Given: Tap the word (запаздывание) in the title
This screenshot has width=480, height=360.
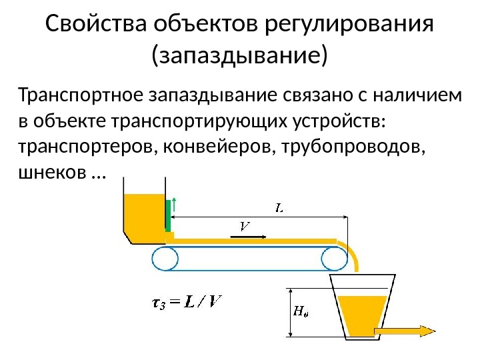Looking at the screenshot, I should [240, 56].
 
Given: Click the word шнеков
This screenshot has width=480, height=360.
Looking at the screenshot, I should [50, 172].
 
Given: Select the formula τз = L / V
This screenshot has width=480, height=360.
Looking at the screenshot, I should [186, 303].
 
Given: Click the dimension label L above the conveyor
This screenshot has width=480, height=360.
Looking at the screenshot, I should [281, 208].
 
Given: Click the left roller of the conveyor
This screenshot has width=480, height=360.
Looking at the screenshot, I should [165, 258].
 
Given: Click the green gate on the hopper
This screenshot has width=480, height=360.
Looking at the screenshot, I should [168, 215].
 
